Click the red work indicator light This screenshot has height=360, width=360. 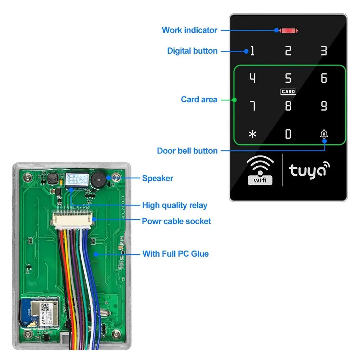click(x=288, y=31)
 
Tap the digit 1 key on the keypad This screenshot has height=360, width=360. click(x=252, y=51)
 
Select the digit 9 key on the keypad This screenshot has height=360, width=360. click(x=324, y=106)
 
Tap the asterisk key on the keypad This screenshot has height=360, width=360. click(x=253, y=134)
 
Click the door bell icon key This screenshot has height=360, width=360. click(x=324, y=134)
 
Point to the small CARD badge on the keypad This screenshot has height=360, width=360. click(x=288, y=92)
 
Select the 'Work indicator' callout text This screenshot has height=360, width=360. click(x=189, y=30)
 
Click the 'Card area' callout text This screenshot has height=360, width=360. click(x=199, y=99)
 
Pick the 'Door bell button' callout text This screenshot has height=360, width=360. click(x=187, y=151)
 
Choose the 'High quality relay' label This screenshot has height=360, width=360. click(x=175, y=206)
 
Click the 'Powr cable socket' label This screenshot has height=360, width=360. click(x=176, y=221)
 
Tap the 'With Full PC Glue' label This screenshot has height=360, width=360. click(x=175, y=254)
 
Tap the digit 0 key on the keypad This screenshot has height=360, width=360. click(x=288, y=134)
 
